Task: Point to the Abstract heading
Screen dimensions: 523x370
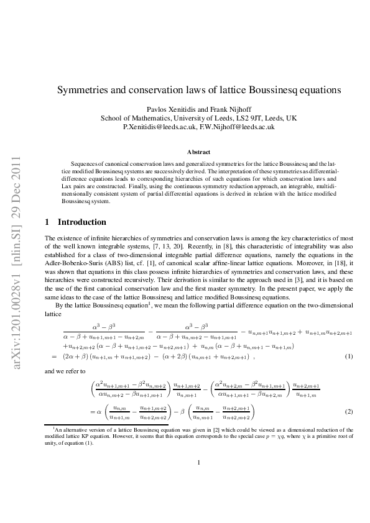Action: (198, 152)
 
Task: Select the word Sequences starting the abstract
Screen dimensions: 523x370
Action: (85, 161)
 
